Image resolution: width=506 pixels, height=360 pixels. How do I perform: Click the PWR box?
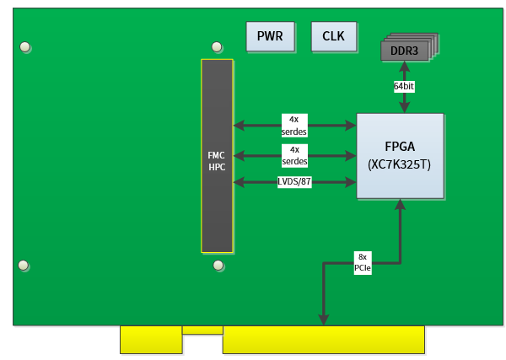click(270, 36)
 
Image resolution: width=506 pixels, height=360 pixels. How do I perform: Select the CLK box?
click(334, 36)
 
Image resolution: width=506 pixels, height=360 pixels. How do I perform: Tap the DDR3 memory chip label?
click(404, 51)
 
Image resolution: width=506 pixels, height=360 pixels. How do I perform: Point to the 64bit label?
click(405, 86)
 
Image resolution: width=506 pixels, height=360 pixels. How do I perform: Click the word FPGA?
click(399, 146)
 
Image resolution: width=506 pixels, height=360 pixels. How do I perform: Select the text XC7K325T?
click(399, 164)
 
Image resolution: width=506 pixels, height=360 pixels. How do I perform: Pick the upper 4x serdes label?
click(293, 126)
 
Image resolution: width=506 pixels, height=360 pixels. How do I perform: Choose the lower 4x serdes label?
click(293, 155)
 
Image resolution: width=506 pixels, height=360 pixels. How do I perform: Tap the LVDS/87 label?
click(294, 182)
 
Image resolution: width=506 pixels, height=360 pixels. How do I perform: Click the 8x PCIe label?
click(362, 263)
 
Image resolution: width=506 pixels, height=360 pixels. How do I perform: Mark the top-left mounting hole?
click(26, 46)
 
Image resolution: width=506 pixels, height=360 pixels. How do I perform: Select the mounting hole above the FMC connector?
click(218, 46)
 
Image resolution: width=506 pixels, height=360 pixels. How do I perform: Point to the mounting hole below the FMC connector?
click(218, 266)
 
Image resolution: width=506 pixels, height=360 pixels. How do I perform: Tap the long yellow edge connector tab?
click(323, 340)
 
